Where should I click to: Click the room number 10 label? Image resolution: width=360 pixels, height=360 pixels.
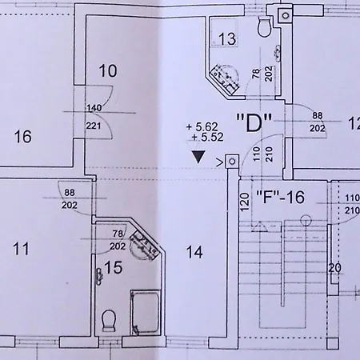[108, 71]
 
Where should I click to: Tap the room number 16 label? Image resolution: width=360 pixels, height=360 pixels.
[22, 136]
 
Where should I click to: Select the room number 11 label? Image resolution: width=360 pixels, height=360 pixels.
[21, 249]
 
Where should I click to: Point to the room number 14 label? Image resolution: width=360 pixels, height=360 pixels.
[194, 252]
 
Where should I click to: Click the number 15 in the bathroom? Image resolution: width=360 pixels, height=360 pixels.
[114, 267]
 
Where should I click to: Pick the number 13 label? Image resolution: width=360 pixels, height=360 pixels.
[227, 39]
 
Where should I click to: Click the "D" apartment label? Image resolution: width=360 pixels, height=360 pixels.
[254, 122]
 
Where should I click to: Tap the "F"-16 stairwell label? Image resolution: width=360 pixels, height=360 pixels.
[280, 197]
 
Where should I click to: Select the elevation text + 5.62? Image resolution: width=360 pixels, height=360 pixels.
[202, 127]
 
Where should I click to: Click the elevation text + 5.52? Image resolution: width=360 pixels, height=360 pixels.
[207, 138]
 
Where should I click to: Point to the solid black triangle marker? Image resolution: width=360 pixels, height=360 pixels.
[198, 157]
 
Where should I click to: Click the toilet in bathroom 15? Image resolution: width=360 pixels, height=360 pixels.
[109, 320]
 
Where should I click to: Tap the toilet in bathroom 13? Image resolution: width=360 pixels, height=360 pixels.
[265, 26]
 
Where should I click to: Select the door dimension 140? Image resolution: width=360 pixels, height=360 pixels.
[94, 108]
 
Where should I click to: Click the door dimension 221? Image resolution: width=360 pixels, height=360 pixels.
[94, 126]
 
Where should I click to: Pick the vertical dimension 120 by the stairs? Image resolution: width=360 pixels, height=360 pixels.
[245, 202]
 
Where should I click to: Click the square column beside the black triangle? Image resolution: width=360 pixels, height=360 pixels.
[232, 162]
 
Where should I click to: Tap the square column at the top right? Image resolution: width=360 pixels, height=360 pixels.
[286, 15]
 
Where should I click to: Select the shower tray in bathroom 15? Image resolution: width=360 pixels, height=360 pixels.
[146, 313]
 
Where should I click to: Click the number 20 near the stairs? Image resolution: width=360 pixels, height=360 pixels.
[334, 268]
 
